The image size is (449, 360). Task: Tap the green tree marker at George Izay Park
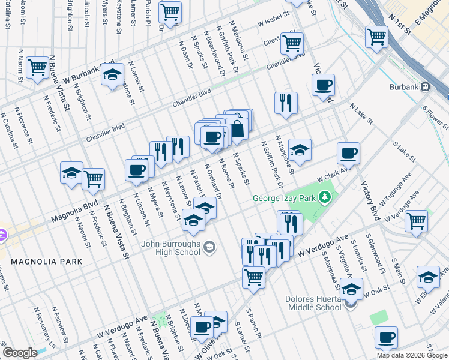[325, 197]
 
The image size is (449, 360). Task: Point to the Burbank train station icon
[426, 86]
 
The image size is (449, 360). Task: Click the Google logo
[20, 353]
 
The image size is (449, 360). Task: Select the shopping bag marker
[237, 130]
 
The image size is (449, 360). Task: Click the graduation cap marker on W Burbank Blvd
[112, 75]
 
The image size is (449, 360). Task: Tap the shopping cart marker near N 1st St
[377, 37]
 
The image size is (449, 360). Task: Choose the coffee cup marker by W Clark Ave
[348, 154]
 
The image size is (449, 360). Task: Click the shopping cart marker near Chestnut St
[292, 43]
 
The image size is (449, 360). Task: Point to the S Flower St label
[436, 119]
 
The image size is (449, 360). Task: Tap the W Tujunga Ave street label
[397, 187]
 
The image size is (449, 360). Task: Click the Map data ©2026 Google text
[412, 355]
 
